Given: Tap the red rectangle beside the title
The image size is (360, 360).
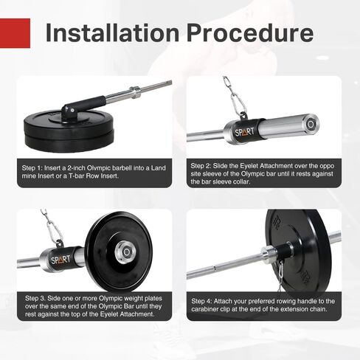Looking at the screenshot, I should (x=15, y=33).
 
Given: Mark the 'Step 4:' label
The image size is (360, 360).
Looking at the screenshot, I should (x=205, y=302).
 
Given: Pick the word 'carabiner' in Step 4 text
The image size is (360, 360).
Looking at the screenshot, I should (x=208, y=310).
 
